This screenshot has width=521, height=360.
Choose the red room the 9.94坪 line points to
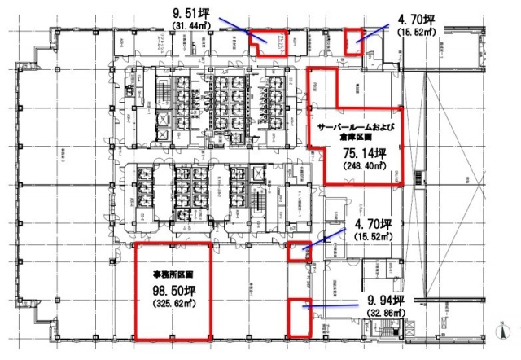point(299,318)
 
